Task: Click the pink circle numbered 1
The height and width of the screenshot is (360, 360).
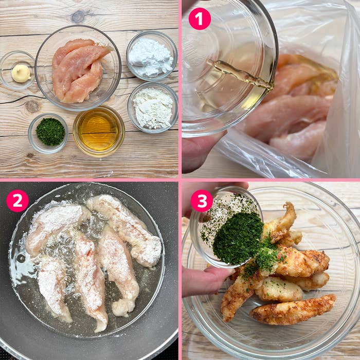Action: coord(200,19)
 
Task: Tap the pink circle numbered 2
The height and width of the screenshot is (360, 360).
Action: coord(17,201)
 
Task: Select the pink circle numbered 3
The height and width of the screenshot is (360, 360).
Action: coord(202,201)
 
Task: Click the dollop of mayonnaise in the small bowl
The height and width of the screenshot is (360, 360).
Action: coord(21,73)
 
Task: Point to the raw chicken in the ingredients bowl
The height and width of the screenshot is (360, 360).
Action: coord(79,70)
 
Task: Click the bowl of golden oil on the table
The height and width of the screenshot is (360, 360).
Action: coord(99,131)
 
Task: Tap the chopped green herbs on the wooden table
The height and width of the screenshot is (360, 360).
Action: coord(50,132)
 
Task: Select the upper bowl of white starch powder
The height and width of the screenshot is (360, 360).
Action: coord(152,56)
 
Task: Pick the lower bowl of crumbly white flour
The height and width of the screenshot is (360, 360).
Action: coord(153,107)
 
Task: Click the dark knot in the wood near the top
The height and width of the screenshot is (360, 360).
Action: coord(78,16)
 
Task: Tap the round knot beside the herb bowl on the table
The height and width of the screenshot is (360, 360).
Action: coord(32,107)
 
